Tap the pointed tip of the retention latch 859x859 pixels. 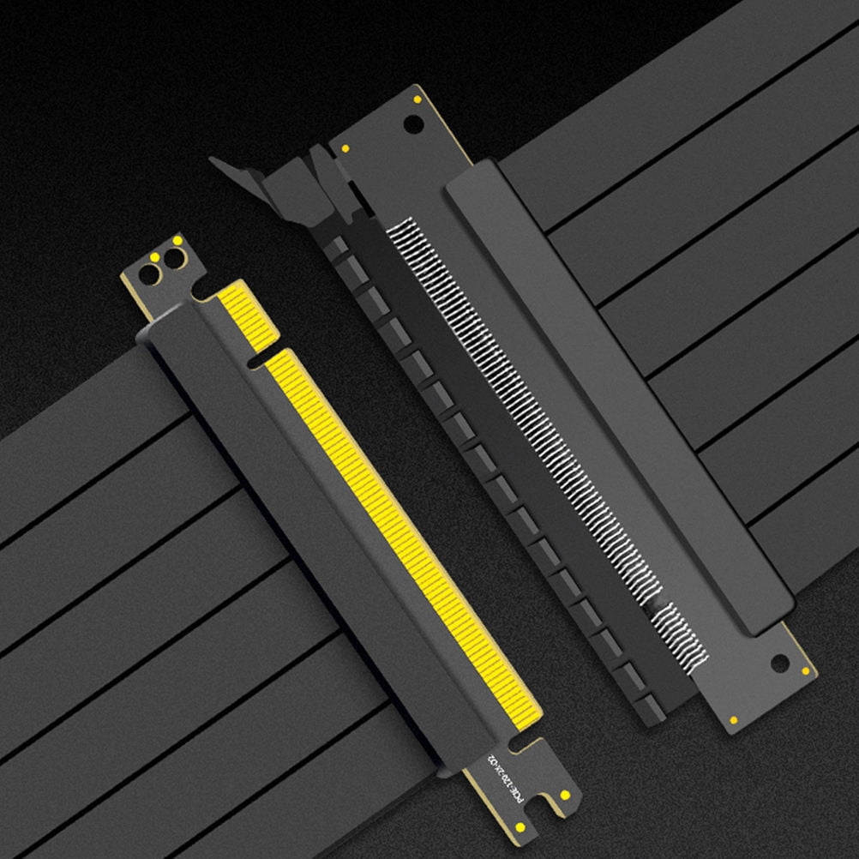[213, 160]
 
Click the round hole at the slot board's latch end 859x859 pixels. [413, 124]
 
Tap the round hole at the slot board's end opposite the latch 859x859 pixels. [779, 663]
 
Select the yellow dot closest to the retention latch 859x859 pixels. [345, 148]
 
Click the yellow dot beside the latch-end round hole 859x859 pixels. [417, 99]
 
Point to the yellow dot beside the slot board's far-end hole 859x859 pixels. [805, 670]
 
